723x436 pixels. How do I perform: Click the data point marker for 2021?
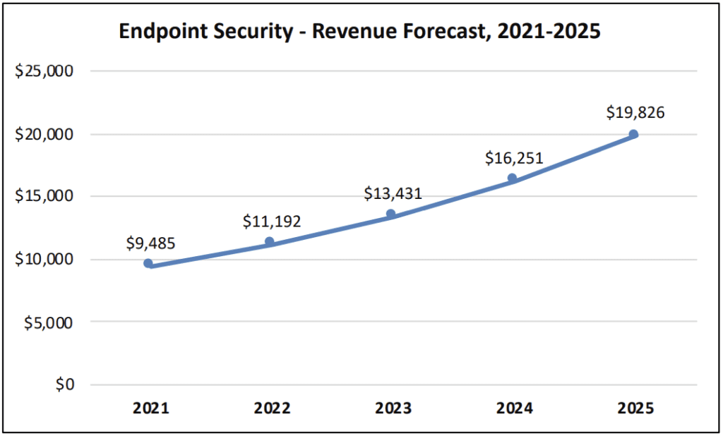[x=148, y=263]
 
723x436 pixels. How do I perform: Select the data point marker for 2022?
[x=269, y=242]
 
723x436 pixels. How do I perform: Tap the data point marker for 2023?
[x=390, y=214]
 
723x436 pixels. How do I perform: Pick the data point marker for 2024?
[x=512, y=178]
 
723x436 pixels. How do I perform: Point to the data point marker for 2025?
[x=633, y=134]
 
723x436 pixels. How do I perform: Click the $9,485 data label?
[x=150, y=243]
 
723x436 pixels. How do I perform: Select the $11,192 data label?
[x=272, y=221]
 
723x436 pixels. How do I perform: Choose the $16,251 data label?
[x=514, y=157]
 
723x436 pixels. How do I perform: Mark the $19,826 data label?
[x=635, y=112]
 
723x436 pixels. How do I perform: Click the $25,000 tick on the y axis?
[x=44, y=71]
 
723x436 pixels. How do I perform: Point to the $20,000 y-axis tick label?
[x=44, y=134]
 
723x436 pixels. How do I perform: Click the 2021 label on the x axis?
[x=150, y=408]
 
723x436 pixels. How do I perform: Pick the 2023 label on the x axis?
[x=393, y=408]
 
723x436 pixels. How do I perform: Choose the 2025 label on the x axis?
[x=635, y=408]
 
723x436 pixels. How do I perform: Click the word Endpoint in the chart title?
[x=155, y=32]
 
